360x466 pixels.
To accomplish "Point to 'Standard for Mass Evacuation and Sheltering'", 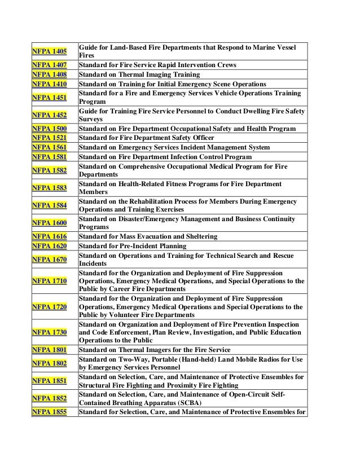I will coord(148,236).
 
